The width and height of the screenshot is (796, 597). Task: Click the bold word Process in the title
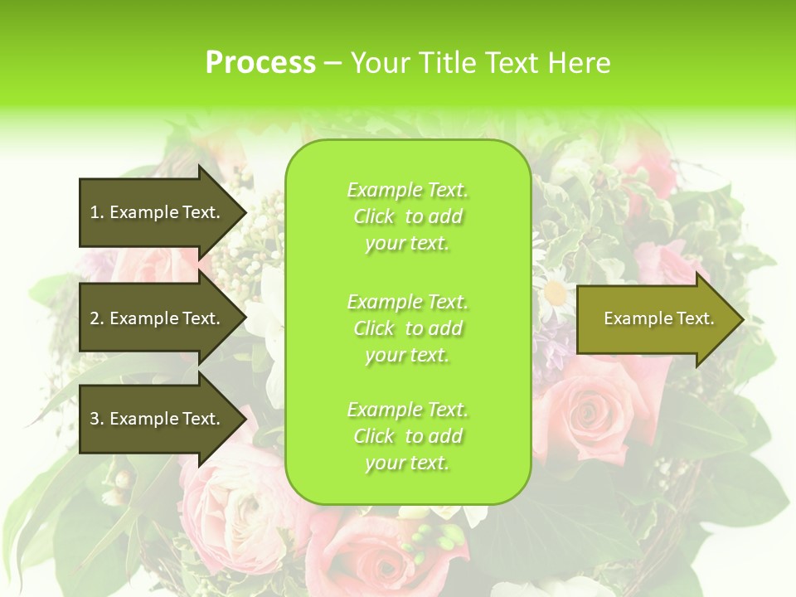pyautogui.click(x=260, y=63)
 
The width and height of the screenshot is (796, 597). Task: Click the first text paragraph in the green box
pyautogui.click(x=407, y=216)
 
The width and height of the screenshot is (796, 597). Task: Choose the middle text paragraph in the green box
pyautogui.click(x=407, y=328)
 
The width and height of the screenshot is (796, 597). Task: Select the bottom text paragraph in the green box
pyautogui.click(x=407, y=436)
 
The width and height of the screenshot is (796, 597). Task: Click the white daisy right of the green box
pyautogui.click(x=553, y=293)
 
